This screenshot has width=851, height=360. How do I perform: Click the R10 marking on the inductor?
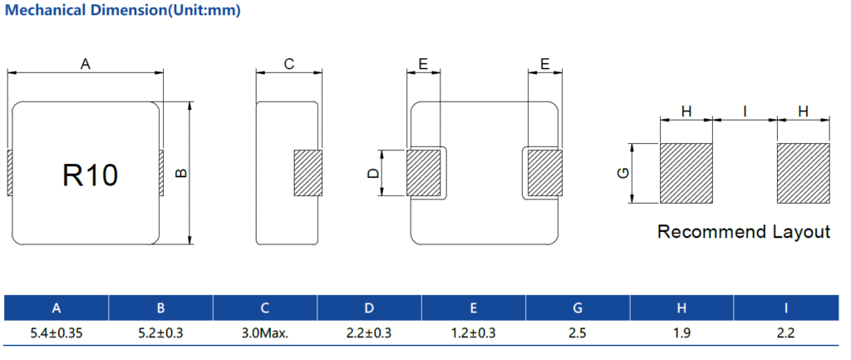[90, 175]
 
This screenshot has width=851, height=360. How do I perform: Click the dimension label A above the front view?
[86, 64]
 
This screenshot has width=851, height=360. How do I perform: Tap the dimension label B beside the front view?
[181, 173]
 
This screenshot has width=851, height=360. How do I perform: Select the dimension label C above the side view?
[288, 64]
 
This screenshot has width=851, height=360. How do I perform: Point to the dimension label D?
[373, 173]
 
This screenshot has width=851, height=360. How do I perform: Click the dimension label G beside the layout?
[623, 173]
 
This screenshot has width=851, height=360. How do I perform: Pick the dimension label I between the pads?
[745, 111]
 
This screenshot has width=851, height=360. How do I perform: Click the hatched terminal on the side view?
[307, 173]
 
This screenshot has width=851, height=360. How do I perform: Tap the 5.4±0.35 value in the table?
[56, 333]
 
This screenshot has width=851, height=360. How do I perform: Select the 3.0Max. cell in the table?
[265, 333]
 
